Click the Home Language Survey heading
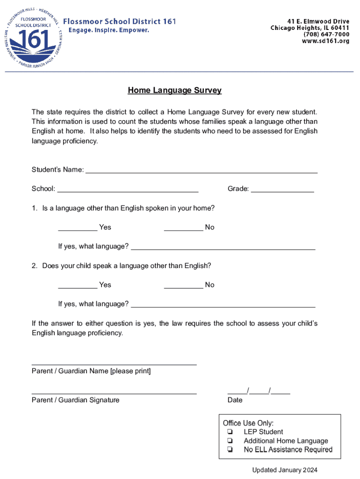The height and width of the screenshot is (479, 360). coord(174,90)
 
